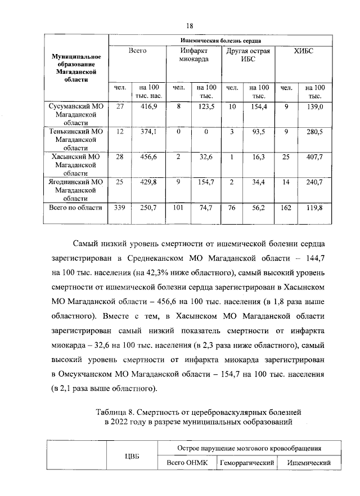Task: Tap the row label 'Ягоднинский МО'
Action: click(x=75, y=182)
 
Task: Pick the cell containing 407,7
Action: click(x=314, y=157)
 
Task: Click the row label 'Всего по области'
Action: click(x=75, y=208)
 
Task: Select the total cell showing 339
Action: click(x=119, y=208)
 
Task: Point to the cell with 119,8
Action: click(x=314, y=208)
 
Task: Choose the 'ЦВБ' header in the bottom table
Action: click(x=131, y=456)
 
